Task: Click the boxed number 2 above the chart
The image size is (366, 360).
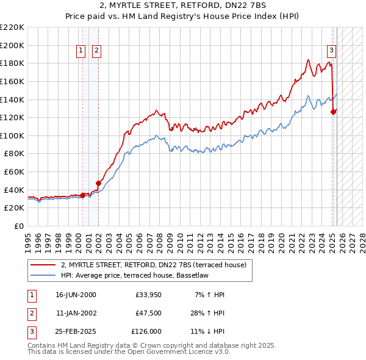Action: point(97,51)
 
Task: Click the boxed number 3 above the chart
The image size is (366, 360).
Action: point(331,51)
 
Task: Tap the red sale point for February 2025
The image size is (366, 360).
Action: point(334,112)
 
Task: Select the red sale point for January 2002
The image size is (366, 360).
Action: point(98,182)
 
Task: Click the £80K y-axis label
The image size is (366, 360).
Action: point(14,154)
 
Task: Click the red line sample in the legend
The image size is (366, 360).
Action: point(43,265)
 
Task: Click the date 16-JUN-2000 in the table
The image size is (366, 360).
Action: point(76,295)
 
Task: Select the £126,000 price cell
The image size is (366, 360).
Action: point(147,331)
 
